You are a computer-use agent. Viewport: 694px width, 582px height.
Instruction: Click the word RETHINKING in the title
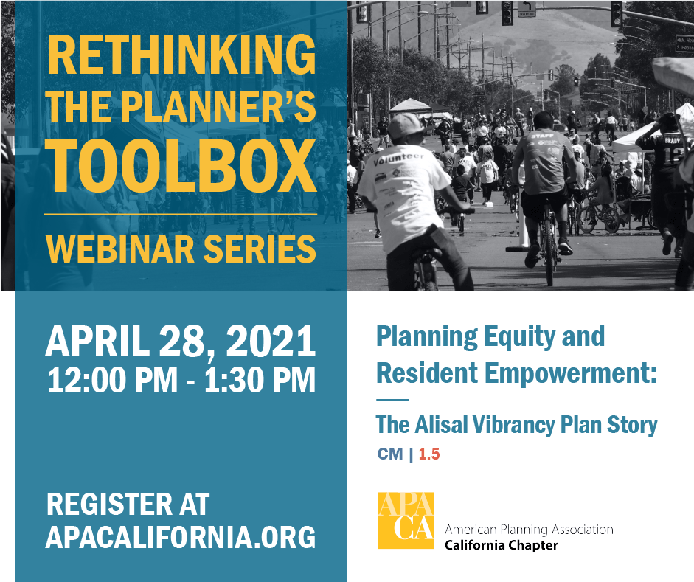[181, 54]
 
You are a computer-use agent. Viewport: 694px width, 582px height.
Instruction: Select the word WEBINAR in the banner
[120, 249]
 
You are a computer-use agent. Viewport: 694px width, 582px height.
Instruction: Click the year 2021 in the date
[271, 341]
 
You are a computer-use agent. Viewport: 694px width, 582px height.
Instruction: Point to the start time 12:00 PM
[112, 380]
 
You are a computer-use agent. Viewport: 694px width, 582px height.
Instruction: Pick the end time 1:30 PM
[260, 380]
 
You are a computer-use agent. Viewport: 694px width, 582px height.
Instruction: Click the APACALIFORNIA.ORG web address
[181, 537]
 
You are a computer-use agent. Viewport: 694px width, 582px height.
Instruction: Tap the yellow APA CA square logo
[406, 521]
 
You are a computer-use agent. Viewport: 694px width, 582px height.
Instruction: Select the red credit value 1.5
[429, 454]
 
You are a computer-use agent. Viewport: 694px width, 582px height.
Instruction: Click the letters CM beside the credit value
[390, 454]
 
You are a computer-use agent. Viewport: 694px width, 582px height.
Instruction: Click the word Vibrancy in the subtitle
[513, 425]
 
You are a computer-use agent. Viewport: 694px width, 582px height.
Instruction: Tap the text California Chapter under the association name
[501, 545]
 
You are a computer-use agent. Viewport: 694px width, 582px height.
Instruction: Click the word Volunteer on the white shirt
[398, 159]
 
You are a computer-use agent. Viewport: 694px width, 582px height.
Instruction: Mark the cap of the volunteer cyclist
[405, 125]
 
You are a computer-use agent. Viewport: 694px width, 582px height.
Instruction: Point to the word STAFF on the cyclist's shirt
[543, 136]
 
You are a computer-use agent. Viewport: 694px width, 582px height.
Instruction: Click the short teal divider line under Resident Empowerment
[392, 400]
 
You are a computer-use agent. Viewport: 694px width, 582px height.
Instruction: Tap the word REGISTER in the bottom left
[110, 504]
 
